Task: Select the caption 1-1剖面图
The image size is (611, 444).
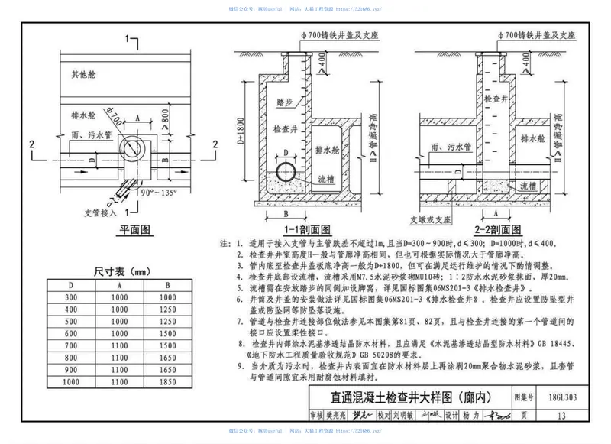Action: pos(306,229)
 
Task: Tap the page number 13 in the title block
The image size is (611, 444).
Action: pos(562,416)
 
